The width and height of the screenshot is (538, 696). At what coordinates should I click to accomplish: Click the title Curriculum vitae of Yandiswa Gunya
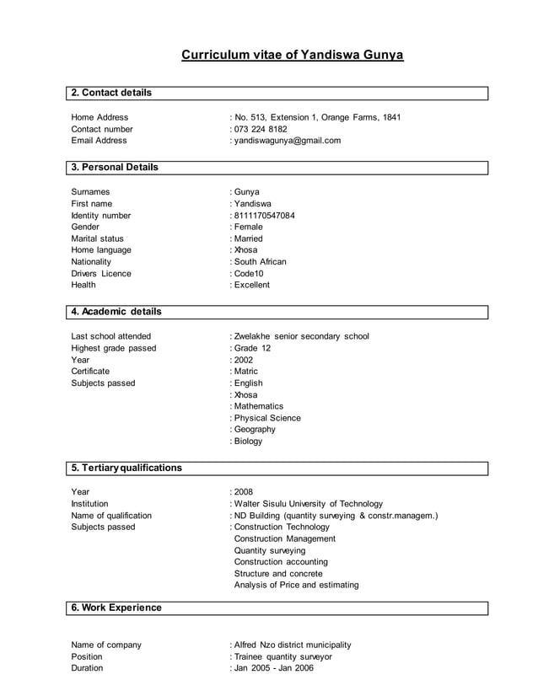pos(293,56)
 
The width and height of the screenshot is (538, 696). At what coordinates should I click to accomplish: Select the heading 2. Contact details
pos(111,92)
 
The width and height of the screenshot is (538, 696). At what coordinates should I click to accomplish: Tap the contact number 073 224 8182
pos(261,129)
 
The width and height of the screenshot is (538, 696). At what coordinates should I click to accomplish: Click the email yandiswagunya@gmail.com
pos(288,141)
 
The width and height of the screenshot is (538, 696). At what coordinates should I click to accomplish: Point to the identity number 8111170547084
pos(265,216)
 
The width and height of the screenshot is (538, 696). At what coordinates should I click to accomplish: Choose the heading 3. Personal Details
pos(115,167)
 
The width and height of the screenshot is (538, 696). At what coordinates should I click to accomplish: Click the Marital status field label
pos(96,238)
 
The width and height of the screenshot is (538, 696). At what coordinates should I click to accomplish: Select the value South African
pos(261,262)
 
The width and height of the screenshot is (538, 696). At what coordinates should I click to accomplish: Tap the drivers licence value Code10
pos(249,274)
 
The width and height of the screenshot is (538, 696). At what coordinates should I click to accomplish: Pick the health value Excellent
pos(252,285)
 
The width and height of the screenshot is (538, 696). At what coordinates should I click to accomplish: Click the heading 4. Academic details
pos(116,312)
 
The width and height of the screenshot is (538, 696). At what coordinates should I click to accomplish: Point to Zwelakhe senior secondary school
pos(301,336)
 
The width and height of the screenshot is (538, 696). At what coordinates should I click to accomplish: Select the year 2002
pos(244,360)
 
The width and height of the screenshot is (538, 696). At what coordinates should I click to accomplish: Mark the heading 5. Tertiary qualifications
pos(126,468)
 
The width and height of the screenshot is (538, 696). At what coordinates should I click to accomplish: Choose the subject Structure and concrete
pos(278,573)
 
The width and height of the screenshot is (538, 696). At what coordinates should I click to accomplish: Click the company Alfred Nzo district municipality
pos(292,645)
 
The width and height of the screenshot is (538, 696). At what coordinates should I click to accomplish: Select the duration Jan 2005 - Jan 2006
pos(273,668)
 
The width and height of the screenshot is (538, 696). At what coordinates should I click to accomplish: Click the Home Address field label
pos(100,117)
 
